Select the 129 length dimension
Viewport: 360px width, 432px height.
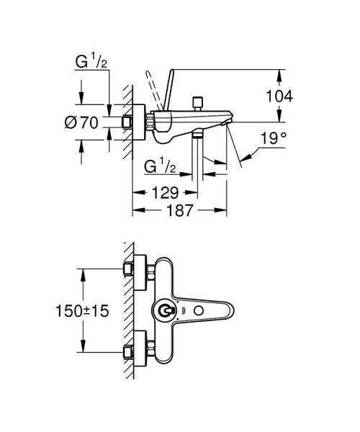pyautogui.click(x=165, y=193)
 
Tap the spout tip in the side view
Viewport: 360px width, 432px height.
pyautogui.click(x=226, y=126)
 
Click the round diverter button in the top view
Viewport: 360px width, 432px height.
pyautogui.click(x=166, y=312)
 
